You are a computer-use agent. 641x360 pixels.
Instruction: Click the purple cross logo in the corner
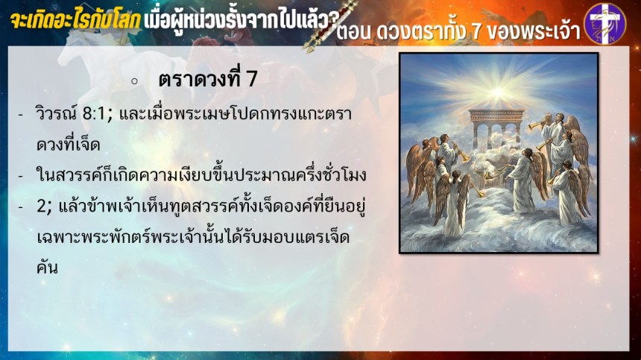click(x=605, y=24)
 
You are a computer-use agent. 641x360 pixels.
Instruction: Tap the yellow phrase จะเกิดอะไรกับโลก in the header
click(x=75, y=20)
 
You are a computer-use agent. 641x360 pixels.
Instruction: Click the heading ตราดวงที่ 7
click(x=208, y=78)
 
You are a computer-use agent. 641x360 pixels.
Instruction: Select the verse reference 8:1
click(x=95, y=114)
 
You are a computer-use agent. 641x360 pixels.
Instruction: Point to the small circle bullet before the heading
click(x=134, y=81)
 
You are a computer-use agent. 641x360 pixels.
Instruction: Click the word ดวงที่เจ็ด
click(x=69, y=145)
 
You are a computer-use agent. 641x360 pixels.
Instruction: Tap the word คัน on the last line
click(x=47, y=268)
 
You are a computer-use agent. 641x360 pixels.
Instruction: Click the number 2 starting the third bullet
click(x=42, y=206)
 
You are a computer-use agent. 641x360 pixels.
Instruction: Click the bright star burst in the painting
click(x=498, y=92)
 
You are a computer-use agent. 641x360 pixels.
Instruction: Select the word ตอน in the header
click(x=354, y=31)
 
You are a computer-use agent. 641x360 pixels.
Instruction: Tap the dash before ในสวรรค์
click(x=20, y=176)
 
